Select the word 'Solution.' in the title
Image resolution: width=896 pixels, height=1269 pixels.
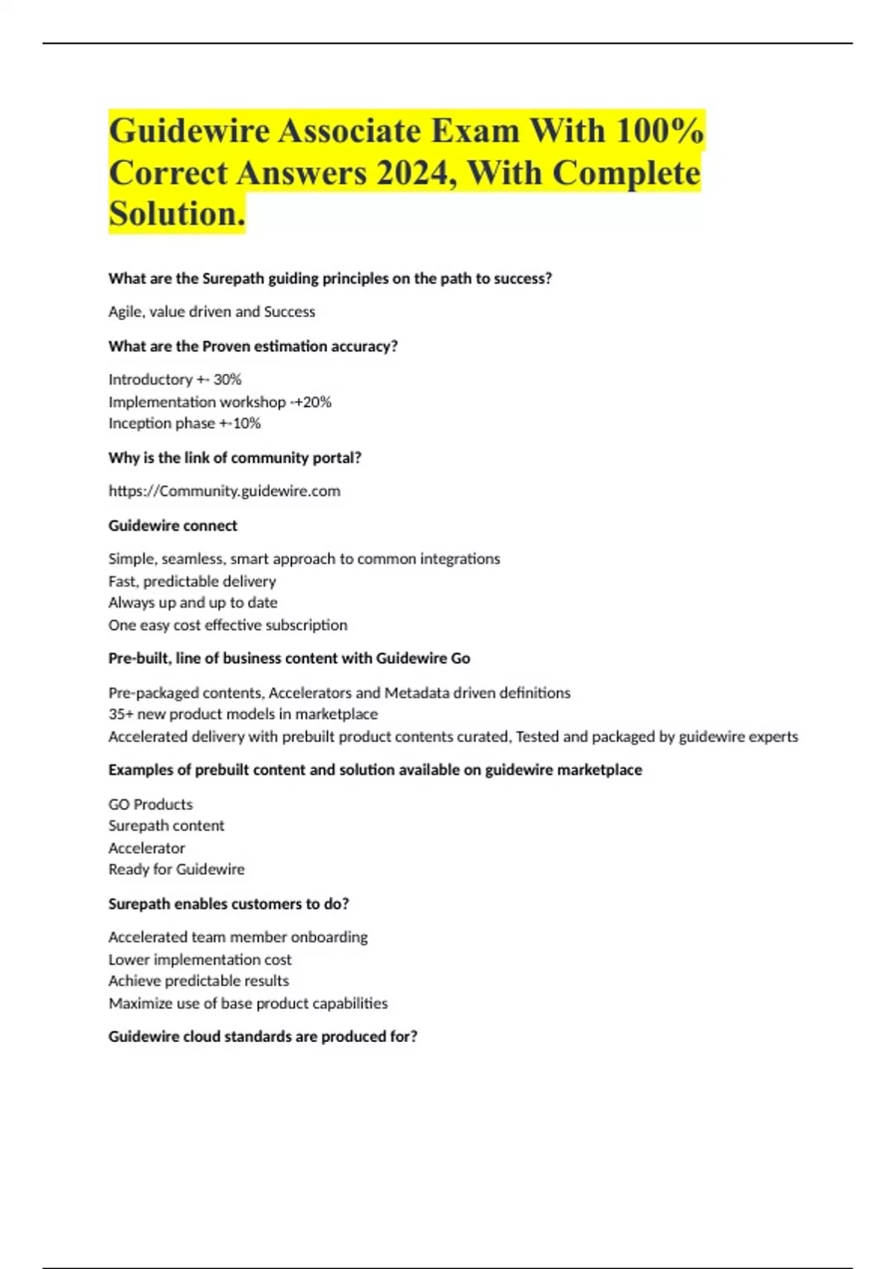click(x=177, y=214)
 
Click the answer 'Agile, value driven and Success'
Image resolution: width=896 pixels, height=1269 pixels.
click(x=211, y=312)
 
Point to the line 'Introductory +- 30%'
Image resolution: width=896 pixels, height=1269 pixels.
click(x=175, y=380)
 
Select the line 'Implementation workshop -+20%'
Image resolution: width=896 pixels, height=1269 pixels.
click(x=220, y=402)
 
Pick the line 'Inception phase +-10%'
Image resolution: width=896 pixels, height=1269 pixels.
click(x=184, y=423)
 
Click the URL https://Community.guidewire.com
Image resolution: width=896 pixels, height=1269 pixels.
click(x=224, y=491)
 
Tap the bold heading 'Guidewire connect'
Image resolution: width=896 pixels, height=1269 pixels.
click(x=172, y=526)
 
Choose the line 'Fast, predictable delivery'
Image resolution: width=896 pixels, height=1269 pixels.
click(x=192, y=582)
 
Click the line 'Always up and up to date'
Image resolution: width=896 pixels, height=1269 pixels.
click(x=193, y=602)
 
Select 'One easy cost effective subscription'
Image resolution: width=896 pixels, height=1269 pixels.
click(x=228, y=625)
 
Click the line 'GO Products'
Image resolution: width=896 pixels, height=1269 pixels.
click(x=150, y=805)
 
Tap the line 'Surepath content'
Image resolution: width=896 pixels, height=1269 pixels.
click(x=166, y=826)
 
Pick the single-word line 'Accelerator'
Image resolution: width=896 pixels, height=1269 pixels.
click(x=146, y=848)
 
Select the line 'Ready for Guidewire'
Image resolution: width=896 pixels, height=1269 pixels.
click(x=176, y=870)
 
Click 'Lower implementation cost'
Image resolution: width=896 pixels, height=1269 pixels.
click(x=200, y=960)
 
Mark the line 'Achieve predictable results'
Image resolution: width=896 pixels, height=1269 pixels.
click(x=199, y=981)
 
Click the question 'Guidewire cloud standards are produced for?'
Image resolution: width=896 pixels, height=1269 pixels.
click(x=263, y=1037)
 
